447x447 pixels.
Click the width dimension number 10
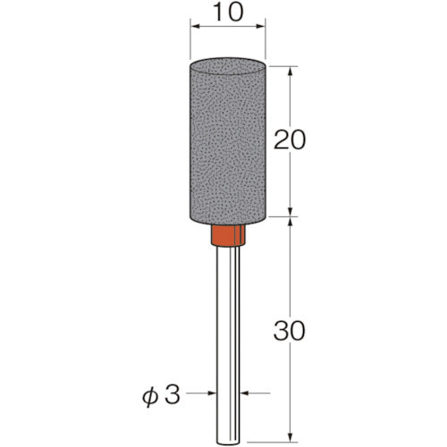click(228, 15)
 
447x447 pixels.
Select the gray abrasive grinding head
click(229, 143)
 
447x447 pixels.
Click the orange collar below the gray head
click(229, 237)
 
